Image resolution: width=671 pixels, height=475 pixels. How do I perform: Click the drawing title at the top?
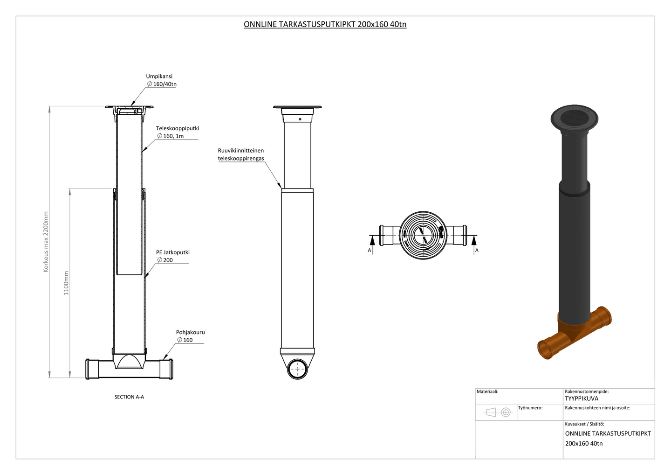point(325,24)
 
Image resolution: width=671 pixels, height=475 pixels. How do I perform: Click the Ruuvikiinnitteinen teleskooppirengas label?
point(241,154)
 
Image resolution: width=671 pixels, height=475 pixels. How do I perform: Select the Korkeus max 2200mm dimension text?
point(46,242)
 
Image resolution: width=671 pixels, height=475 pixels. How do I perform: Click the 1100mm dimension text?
point(66,283)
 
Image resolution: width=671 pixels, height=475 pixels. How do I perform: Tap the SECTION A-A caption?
point(129,397)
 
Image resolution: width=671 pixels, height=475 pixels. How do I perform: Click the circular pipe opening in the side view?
point(297,369)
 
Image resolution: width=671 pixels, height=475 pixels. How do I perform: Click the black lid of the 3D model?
point(572,118)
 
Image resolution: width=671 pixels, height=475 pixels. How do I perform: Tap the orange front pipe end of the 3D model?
point(545,350)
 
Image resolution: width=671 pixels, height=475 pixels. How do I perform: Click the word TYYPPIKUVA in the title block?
point(582,398)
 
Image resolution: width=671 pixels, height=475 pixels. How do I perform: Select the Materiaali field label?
point(487,391)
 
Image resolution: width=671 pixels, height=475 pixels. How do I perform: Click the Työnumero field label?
point(530,408)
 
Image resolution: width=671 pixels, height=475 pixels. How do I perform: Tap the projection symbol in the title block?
point(498,412)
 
